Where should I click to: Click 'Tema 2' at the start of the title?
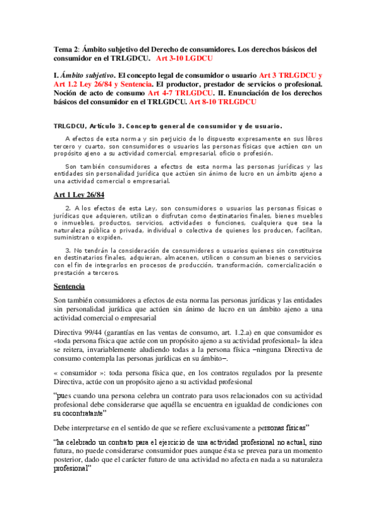[65, 49]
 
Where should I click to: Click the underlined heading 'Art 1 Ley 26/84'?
[78, 194]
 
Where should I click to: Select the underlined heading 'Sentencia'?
[69, 287]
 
